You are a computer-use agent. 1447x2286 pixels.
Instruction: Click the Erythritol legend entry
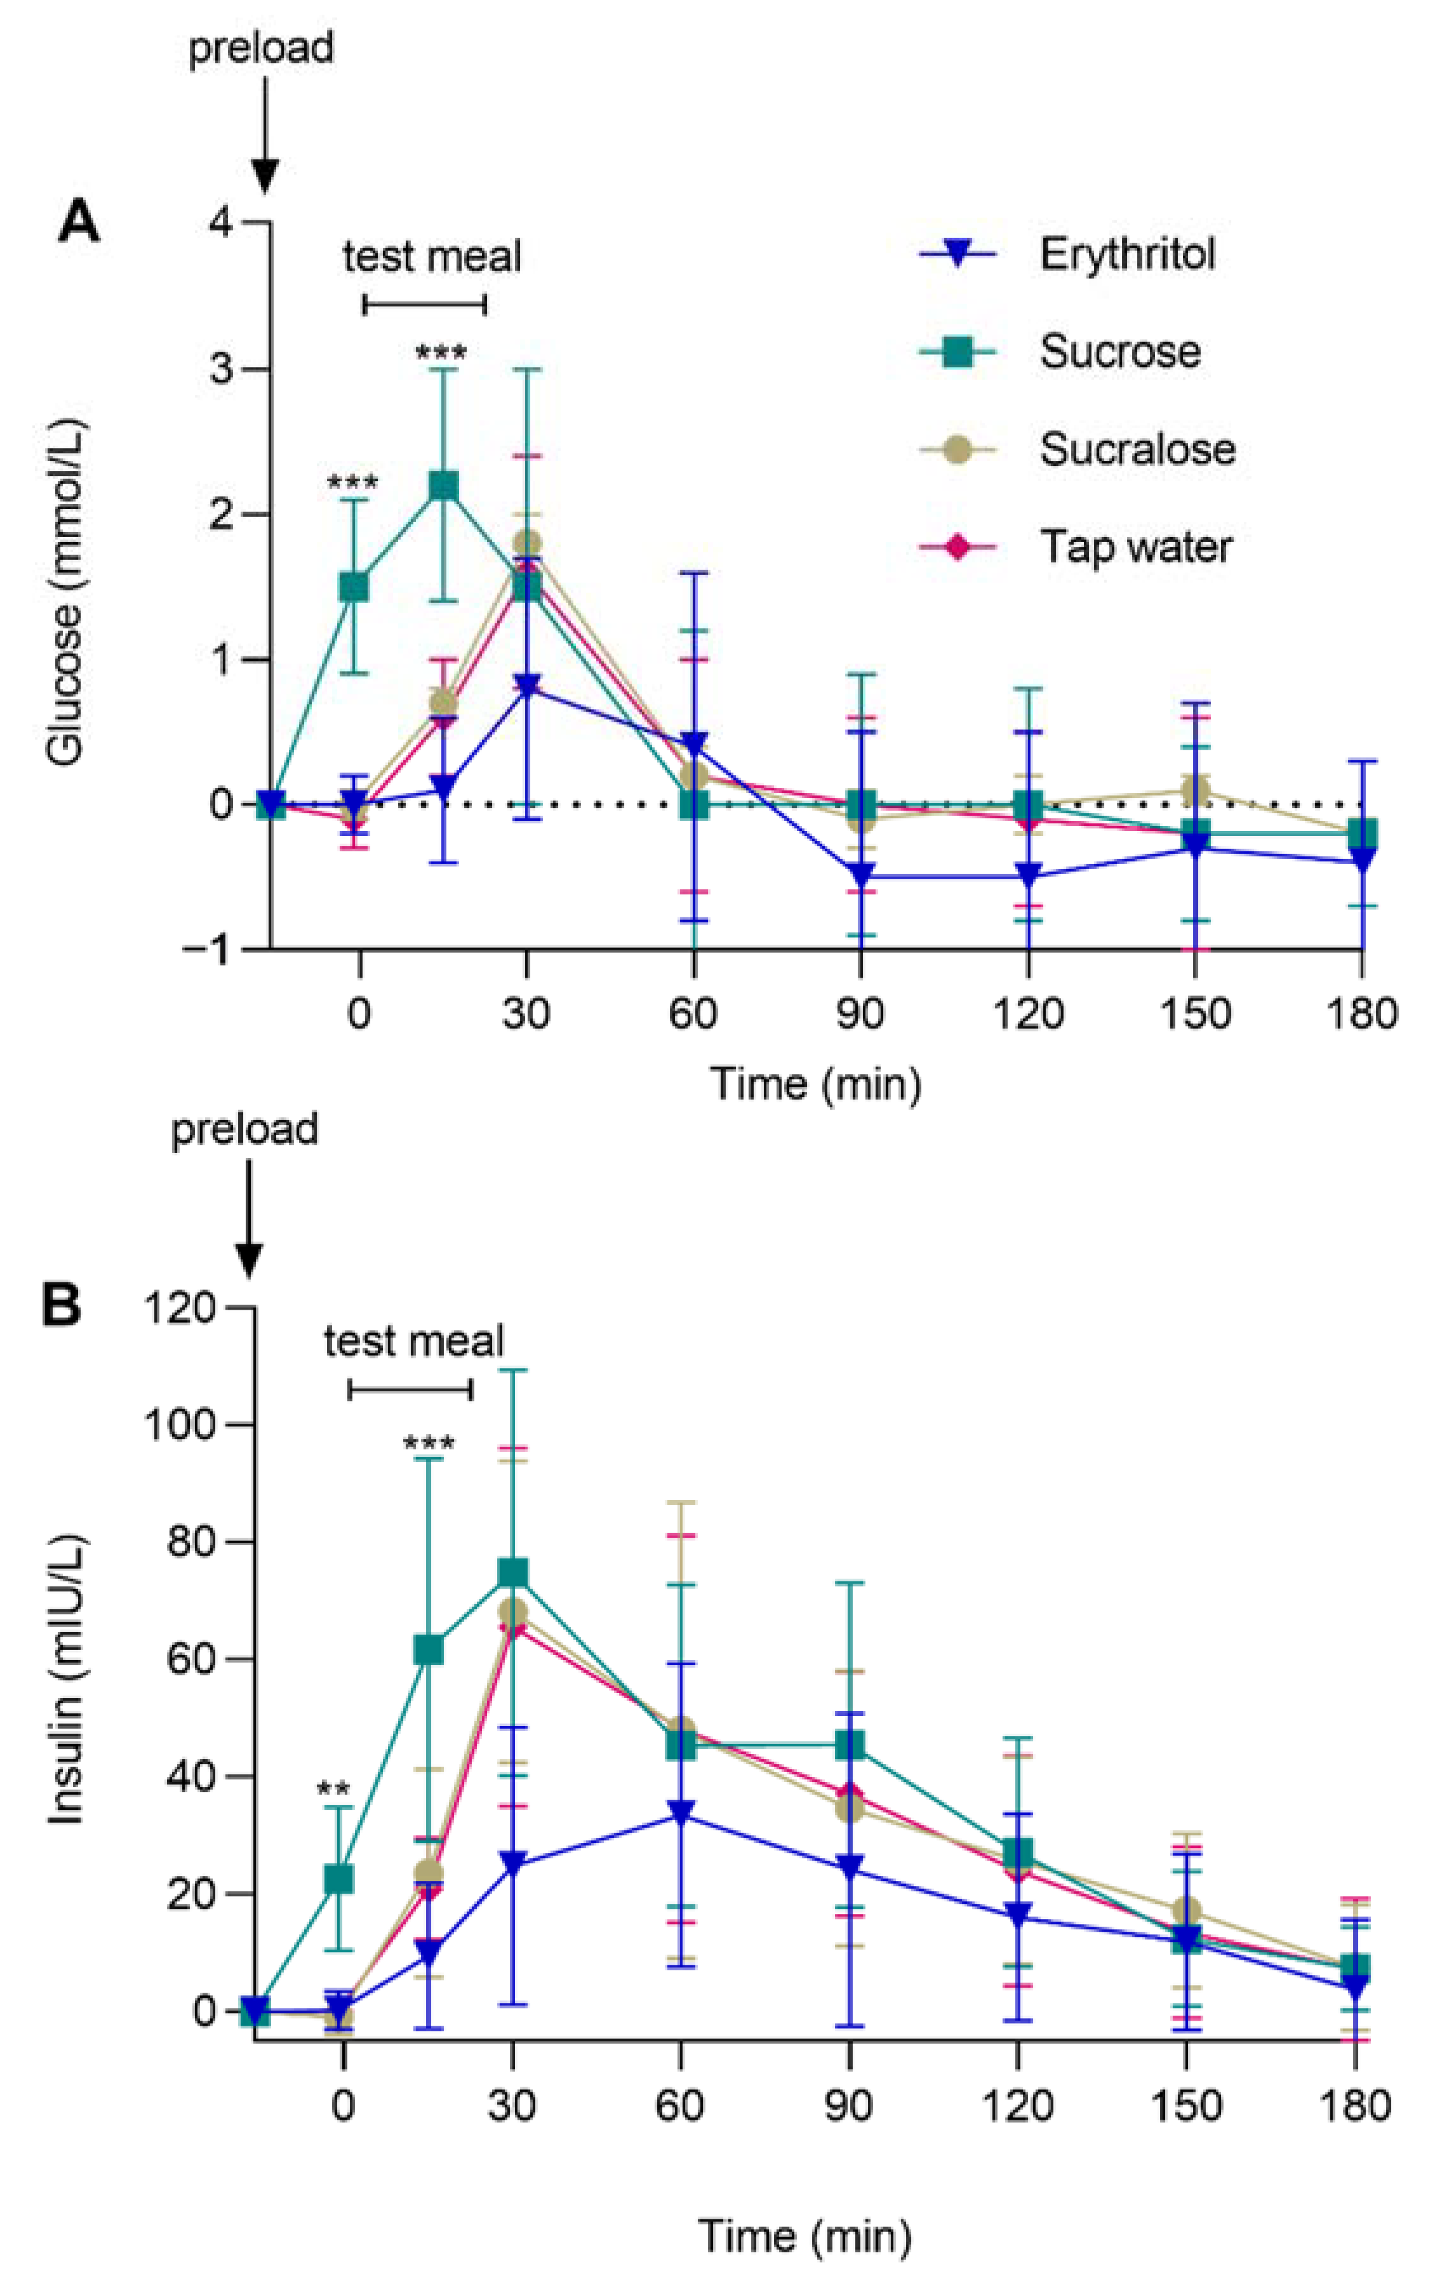pos(1126,255)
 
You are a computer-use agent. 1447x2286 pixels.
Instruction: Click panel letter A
pos(78,225)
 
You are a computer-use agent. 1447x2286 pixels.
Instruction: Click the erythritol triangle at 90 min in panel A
pos(860,875)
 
